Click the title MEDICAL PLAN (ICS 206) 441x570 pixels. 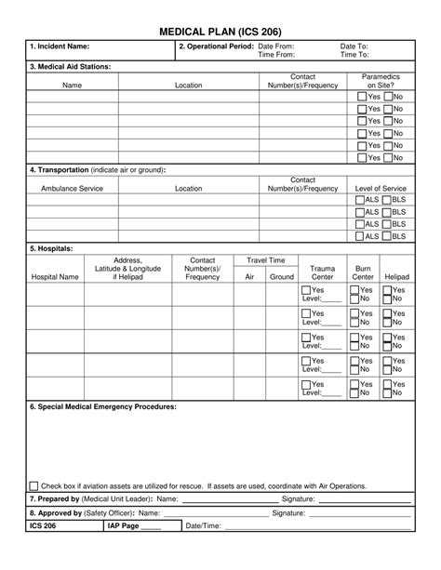tap(220, 31)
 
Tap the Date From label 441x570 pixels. tap(275, 46)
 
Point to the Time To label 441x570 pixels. tap(354, 55)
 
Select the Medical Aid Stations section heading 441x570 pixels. tap(71, 67)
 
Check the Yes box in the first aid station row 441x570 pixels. tap(362, 97)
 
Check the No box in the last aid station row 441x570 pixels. tap(388, 157)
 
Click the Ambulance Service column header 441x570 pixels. tap(72, 188)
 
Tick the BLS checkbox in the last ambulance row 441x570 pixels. tap(386, 236)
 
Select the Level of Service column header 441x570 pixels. tap(381, 188)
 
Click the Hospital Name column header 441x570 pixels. tap(56, 277)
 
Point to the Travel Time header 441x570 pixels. tap(265, 260)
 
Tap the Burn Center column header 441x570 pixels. tap(364, 272)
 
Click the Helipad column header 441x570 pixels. tap(396, 277)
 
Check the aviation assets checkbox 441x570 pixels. tap(33, 485)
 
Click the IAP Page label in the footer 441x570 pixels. tap(124, 525)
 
